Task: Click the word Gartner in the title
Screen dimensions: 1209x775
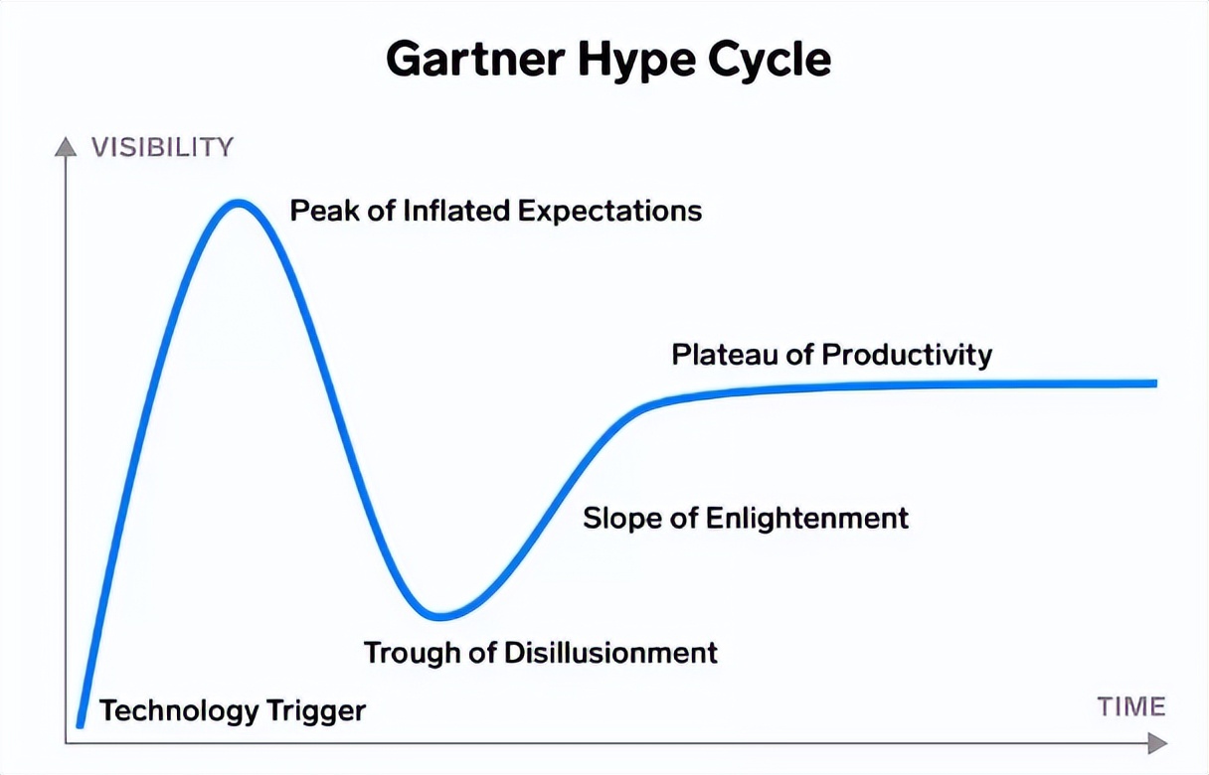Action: pos(475,60)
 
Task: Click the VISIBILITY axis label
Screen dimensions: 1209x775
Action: pos(162,147)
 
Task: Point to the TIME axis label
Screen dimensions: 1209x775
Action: pos(1131,706)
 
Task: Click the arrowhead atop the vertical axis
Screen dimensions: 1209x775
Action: pos(66,147)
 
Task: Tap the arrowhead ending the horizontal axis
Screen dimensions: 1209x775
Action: pos(1157,743)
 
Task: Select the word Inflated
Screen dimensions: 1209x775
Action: pos(456,211)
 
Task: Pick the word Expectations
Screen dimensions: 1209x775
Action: pos(609,212)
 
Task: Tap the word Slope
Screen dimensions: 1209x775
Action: pos(622,519)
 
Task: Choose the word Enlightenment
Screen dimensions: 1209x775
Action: pos(807,519)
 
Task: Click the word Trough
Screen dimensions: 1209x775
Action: pos(413,653)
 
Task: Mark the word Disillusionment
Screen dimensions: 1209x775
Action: pos(611,653)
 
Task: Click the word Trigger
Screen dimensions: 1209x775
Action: pos(316,710)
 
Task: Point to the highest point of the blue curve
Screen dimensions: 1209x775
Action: pos(238,204)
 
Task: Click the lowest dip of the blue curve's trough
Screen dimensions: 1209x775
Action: pos(439,616)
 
